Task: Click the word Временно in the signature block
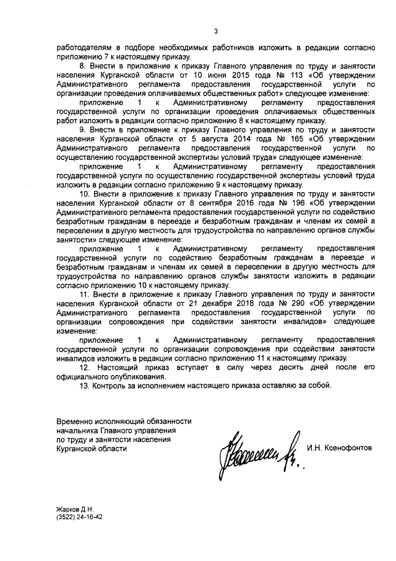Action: [75, 422]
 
